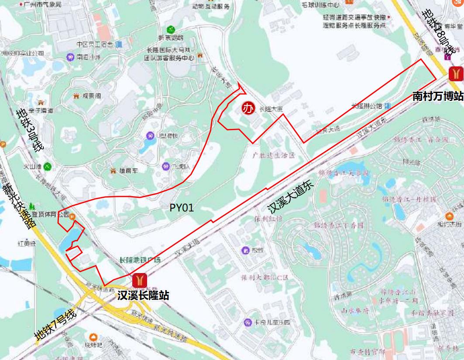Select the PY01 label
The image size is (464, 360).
(x=182, y=208)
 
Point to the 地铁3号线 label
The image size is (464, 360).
(x=30, y=131)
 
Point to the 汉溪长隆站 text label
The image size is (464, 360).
(x=143, y=295)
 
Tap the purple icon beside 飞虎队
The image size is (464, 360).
(x=165, y=166)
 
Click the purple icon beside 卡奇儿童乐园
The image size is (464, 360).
(x=247, y=322)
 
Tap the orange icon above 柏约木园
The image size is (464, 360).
(x=450, y=215)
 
